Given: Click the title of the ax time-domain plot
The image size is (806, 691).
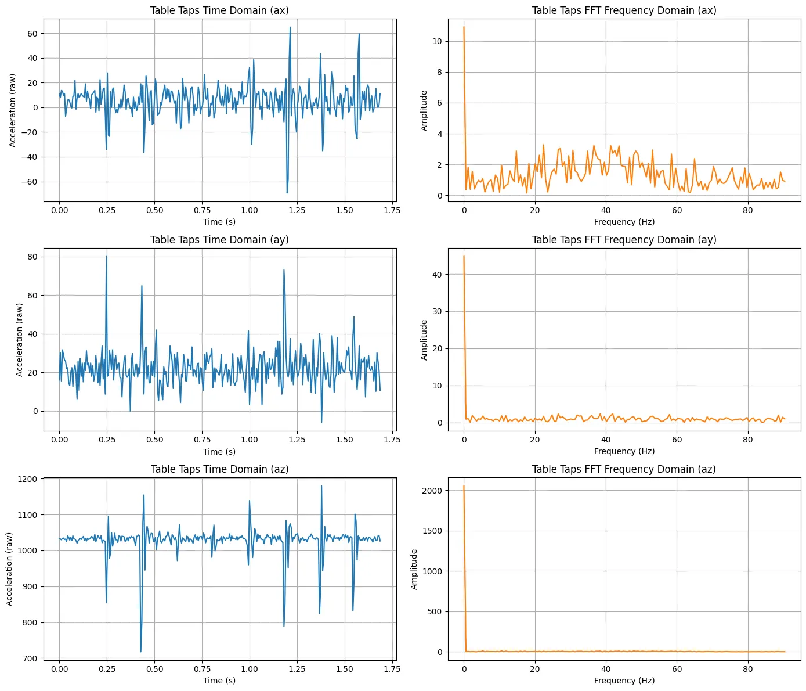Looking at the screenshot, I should pyautogui.click(x=219, y=10).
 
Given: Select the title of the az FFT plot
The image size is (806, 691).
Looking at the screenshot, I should pyautogui.click(x=624, y=469).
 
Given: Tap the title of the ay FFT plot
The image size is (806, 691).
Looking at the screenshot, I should pyautogui.click(x=624, y=240).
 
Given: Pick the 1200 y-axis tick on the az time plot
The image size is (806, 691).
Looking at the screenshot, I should pyautogui.click(x=27, y=480).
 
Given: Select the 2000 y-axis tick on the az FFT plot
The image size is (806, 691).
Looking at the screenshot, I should pyautogui.click(x=432, y=491).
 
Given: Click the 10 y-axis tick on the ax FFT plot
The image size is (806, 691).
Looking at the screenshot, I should pyautogui.click(x=437, y=41).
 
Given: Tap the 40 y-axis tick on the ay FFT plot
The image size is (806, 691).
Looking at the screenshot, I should pyautogui.click(x=437, y=275).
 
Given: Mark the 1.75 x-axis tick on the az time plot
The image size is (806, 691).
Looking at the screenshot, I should pyautogui.click(x=392, y=669).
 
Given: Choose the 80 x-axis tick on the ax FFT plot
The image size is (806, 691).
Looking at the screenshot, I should pyautogui.click(x=747, y=210).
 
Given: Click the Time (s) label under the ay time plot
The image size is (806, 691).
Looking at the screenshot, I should pyautogui.click(x=219, y=452).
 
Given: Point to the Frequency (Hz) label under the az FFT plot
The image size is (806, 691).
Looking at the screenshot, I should pyautogui.click(x=624, y=681).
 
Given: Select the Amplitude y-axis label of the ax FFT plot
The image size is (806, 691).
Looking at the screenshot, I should pyautogui.click(x=424, y=110).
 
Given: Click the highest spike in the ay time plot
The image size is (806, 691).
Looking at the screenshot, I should pyautogui.click(x=106, y=257).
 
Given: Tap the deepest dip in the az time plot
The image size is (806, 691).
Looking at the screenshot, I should pyautogui.click(x=140, y=652).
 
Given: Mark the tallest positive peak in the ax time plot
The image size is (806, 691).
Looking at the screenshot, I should pyautogui.click(x=290, y=27).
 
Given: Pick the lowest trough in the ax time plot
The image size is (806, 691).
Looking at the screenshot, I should pyautogui.click(x=287, y=193).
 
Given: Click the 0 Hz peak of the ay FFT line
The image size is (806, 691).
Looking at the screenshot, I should pyautogui.click(x=464, y=257).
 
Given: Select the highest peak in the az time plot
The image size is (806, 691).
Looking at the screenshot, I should pyautogui.click(x=321, y=486).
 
